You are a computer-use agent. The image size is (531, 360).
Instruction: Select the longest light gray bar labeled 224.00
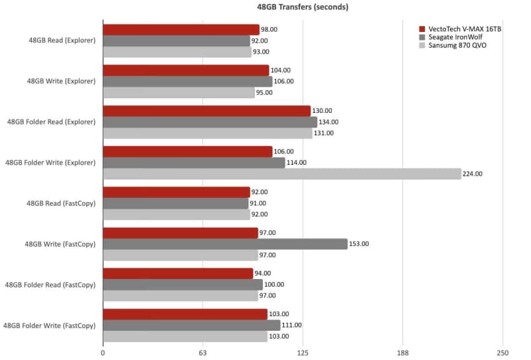point(282,174)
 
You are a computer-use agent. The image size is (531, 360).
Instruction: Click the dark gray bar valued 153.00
point(225,244)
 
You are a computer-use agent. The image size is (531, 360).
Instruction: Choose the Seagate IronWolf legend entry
point(453,39)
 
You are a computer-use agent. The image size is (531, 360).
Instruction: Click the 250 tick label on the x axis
point(502,353)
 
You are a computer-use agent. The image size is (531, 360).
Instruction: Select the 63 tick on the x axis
point(203,353)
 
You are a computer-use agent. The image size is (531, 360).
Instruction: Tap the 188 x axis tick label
point(402,353)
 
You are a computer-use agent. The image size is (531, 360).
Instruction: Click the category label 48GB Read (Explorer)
point(61,41)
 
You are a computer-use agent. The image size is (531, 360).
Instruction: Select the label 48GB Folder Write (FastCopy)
point(50,325)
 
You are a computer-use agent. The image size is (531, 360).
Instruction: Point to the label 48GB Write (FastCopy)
point(61,244)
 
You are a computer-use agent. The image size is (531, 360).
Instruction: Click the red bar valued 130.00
point(207,111)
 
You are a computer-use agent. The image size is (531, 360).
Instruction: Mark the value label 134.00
point(329,122)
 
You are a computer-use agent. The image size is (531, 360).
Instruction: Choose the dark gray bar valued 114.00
point(194,163)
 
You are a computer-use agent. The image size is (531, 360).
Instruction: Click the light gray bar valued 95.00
point(179,92)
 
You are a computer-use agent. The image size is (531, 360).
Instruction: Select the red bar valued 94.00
point(178,274)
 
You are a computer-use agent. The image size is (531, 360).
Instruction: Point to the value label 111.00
point(292,325)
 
